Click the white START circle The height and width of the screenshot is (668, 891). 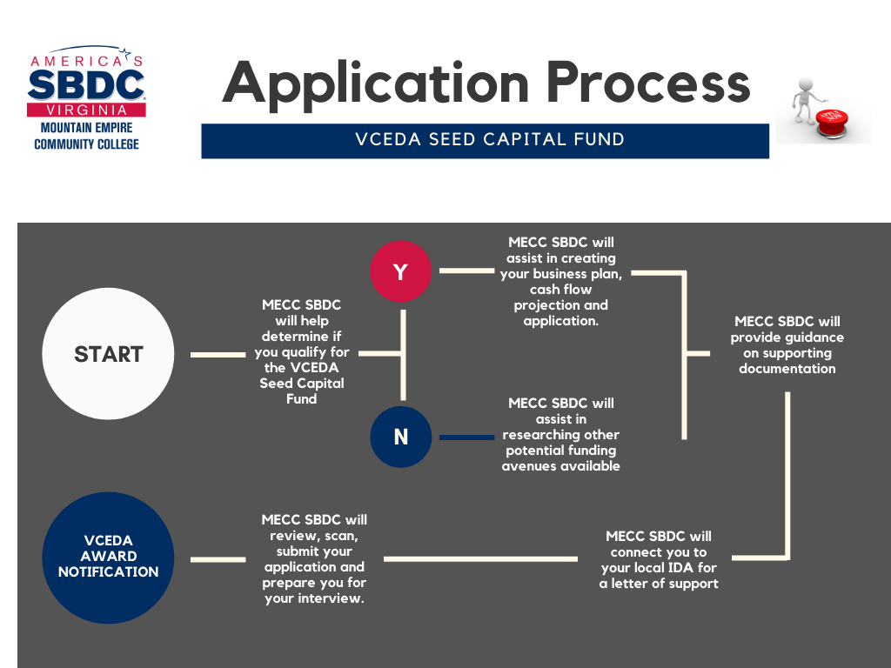point(108,355)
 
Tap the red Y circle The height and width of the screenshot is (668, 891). point(400,271)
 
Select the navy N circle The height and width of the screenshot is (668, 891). point(400,437)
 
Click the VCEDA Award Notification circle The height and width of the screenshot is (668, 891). point(108,557)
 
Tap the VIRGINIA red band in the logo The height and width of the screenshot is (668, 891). point(86,110)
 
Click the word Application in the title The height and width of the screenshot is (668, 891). point(375,83)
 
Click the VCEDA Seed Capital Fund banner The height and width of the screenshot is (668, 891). point(486,140)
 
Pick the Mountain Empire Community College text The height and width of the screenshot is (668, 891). point(86,137)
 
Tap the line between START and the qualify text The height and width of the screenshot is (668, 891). point(218,355)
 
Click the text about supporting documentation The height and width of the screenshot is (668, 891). point(787,345)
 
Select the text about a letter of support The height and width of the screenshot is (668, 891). point(659,559)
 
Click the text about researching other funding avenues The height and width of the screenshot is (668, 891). point(561,434)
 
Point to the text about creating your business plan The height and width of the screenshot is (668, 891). point(561,281)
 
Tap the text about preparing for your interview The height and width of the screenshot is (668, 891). point(314,559)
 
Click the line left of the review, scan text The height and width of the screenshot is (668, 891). point(218,559)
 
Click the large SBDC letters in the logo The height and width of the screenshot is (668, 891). point(86,85)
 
